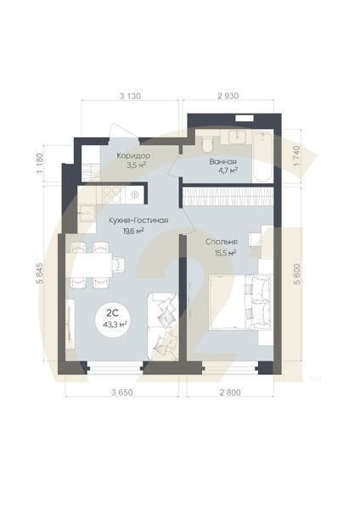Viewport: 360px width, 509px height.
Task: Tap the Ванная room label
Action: coord(223,160)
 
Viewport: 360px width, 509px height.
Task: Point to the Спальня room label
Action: coord(221,241)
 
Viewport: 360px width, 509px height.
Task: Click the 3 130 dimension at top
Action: coord(130,96)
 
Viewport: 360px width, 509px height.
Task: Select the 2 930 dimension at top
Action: coord(228,96)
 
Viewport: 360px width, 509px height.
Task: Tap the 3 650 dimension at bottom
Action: coord(125,392)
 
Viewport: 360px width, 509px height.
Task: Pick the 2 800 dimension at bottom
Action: coord(228,392)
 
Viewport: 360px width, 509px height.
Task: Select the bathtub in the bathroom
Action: coord(250,137)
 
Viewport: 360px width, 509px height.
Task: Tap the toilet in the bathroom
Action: coord(205,139)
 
